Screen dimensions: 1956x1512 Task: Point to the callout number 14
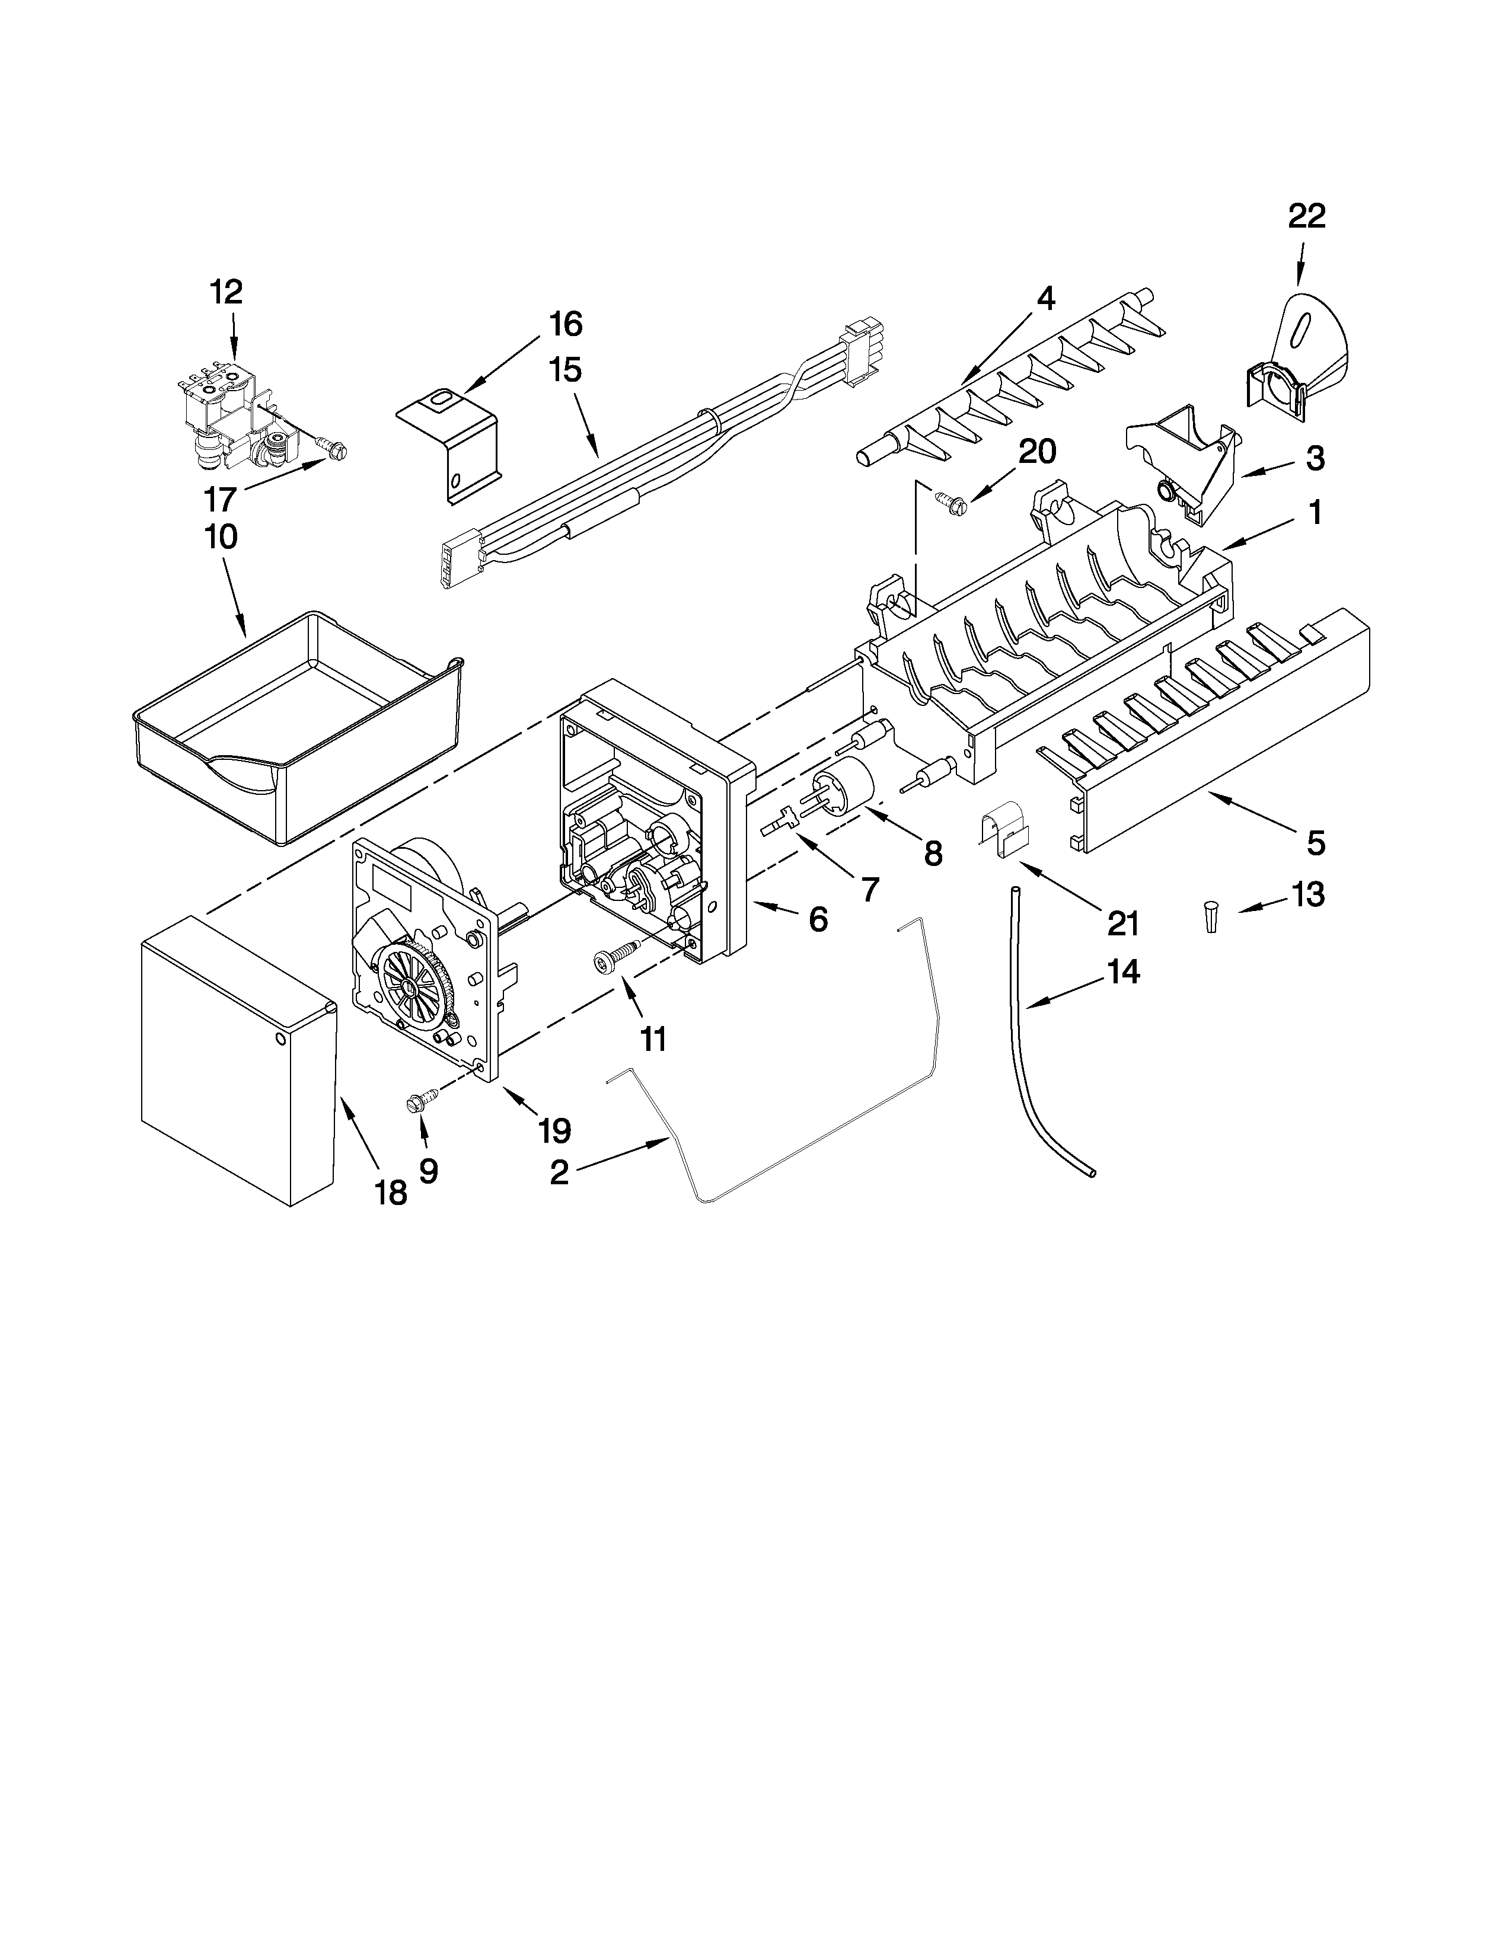click(x=1123, y=971)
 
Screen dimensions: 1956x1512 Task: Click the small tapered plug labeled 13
click(x=1210, y=919)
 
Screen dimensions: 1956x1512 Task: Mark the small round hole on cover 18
click(x=280, y=1039)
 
